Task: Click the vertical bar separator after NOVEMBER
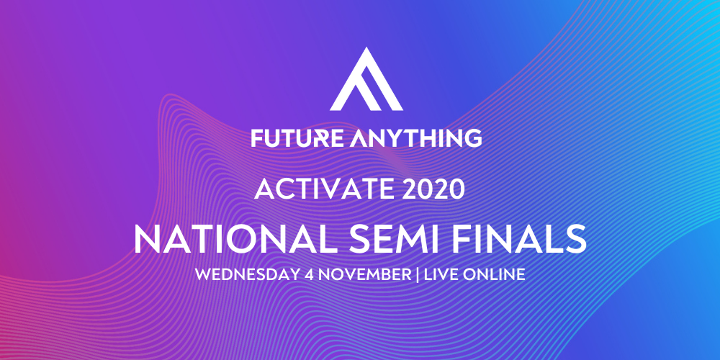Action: [418, 274]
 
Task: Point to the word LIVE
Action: [441, 274]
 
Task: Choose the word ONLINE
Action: [493, 274]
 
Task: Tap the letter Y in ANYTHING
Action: [391, 138]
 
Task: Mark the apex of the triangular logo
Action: [366, 48]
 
